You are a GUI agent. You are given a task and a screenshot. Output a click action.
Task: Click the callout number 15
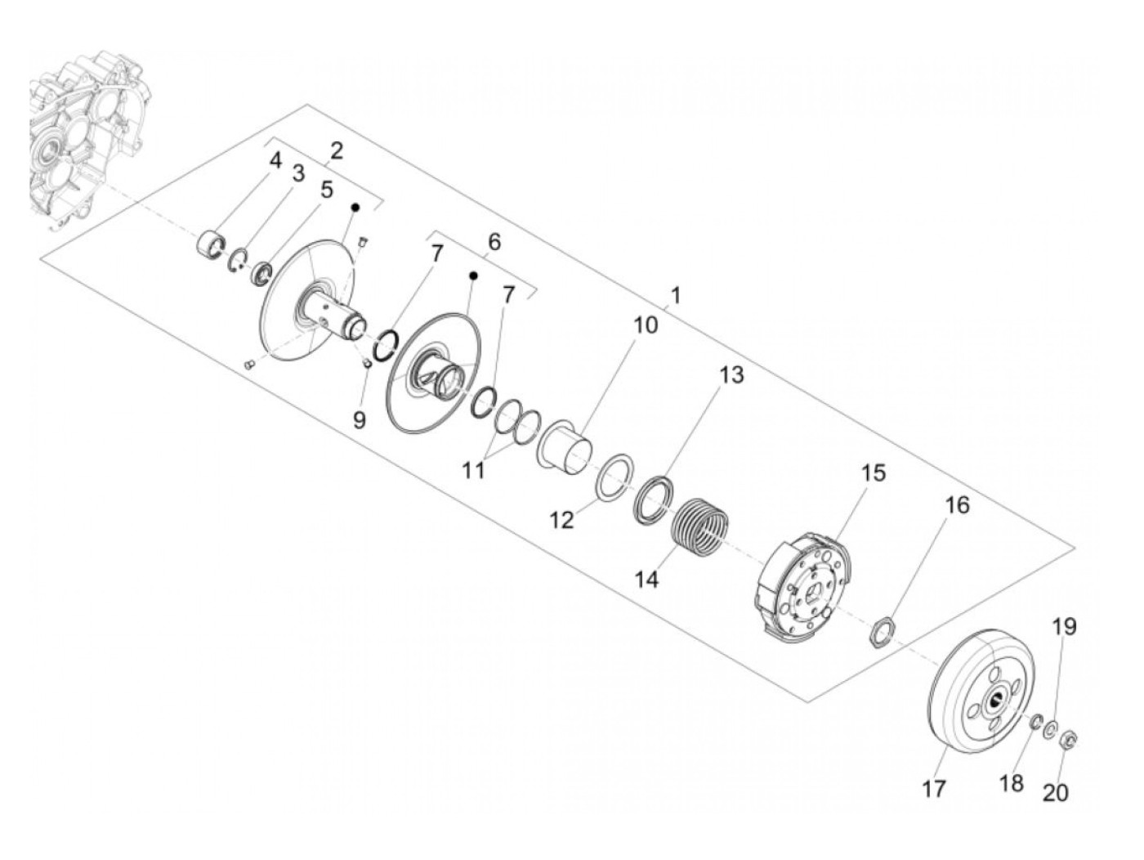[873, 473]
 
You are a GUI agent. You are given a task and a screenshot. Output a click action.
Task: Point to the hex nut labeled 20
[1067, 741]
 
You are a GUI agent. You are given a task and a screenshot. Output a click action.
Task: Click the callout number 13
[731, 375]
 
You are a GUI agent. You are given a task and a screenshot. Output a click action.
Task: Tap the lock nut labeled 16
[881, 631]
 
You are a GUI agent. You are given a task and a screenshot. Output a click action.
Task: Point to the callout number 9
[360, 420]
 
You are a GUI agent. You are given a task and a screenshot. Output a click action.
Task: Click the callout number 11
[473, 470]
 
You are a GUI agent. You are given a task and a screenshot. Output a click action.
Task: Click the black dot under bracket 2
[355, 208]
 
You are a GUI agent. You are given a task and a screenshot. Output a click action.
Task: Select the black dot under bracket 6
[473, 276]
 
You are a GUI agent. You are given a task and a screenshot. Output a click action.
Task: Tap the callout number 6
[494, 242]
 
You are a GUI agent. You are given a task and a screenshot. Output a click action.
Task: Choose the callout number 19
[1063, 627]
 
